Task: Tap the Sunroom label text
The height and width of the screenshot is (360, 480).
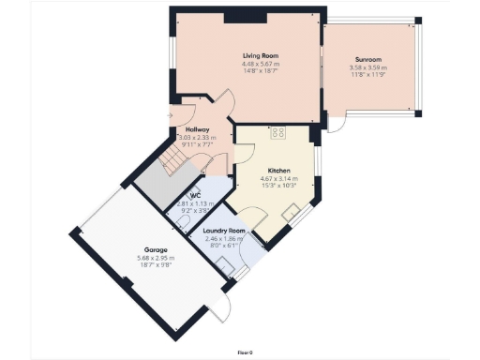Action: [368, 59]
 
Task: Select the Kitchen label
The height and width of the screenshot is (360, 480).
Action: [277, 170]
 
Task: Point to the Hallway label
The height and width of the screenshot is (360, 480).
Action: [197, 128]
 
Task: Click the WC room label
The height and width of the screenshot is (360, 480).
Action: [196, 196]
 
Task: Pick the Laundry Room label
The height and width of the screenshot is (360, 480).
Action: [224, 230]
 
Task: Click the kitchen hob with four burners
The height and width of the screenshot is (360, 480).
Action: [278, 133]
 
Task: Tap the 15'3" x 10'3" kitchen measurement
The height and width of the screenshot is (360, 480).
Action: [277, 186]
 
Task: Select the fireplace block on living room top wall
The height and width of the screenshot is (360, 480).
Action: [245, 16]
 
